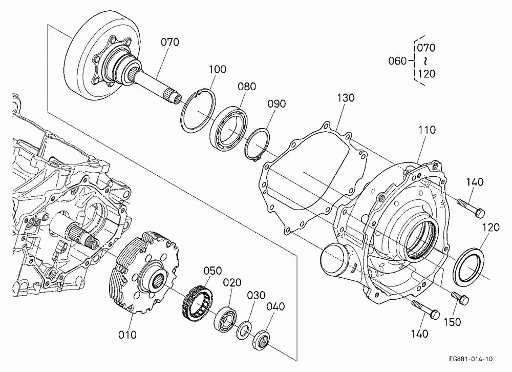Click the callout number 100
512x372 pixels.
coord(217,69)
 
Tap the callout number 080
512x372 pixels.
coord(247,87)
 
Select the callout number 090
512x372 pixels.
coord(276,104)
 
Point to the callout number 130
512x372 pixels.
coord(346,98)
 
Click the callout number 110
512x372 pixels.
coord(427,130)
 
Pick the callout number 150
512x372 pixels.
coord(452,322)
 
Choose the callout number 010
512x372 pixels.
coord(127,335)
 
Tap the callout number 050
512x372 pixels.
coord(212,271)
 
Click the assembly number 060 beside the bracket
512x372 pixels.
coord(397,61)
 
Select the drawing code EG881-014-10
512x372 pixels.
coord(471,359)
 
